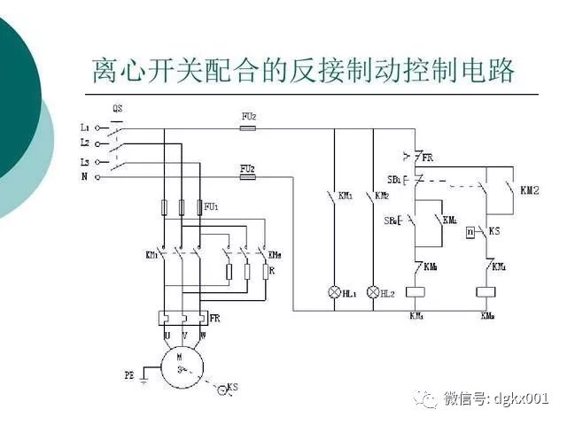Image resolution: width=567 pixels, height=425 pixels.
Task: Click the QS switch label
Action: (x=118, y=109)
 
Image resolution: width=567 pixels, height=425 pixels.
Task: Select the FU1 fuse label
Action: (x=211, y=206)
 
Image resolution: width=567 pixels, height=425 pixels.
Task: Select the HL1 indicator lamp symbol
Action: (x=336, y=290)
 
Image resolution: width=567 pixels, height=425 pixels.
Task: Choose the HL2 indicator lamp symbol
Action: (x=374, y=290)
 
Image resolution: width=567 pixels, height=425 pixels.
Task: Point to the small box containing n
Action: (x=470, y=232)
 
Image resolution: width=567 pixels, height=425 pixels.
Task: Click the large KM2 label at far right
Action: (x=530, y=189)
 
